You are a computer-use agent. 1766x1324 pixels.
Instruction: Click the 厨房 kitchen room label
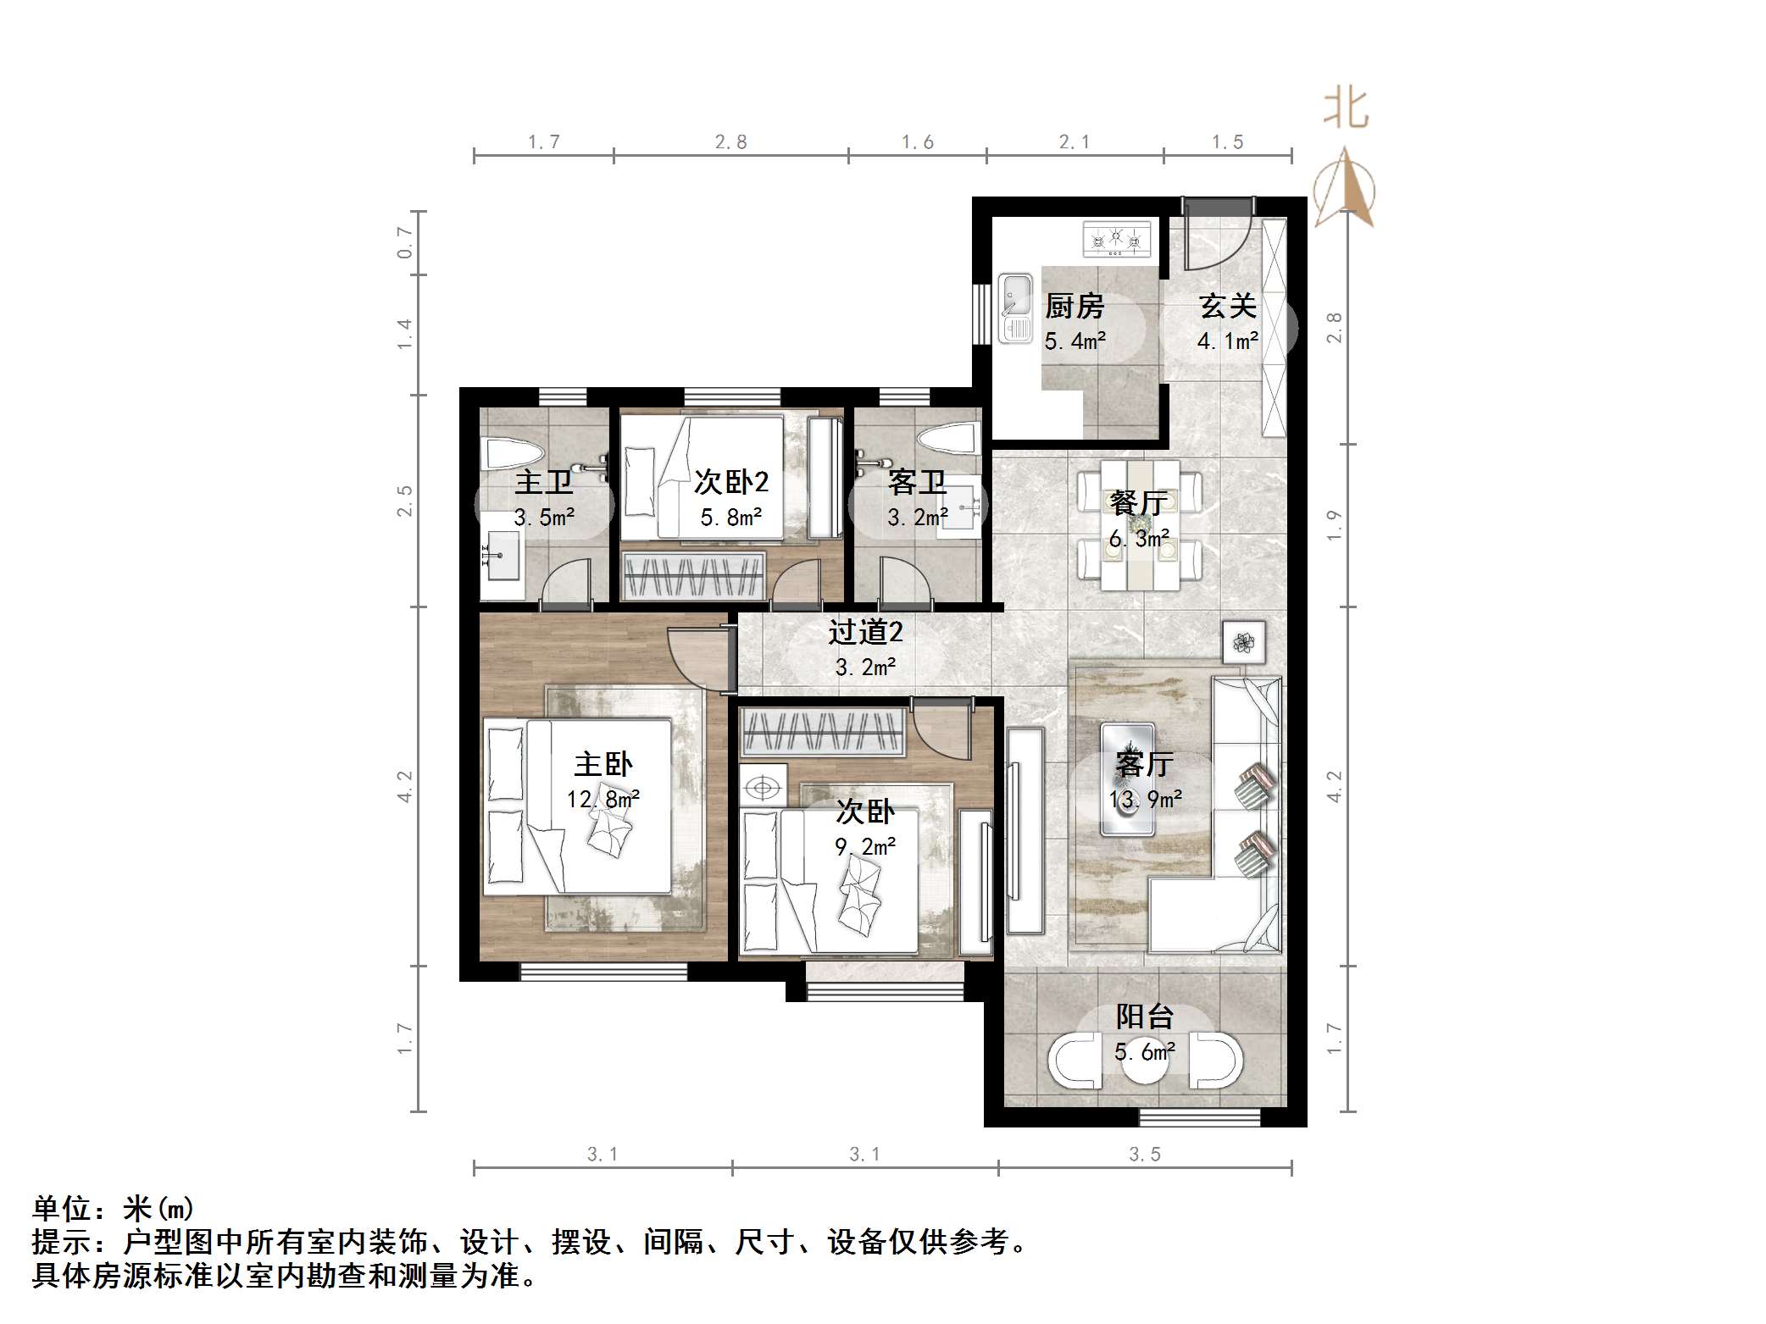[x=1075, y=306]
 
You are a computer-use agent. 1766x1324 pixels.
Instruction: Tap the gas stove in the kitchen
[x=1117, y=239]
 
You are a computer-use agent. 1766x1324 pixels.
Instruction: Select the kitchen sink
[x=1014, y=307]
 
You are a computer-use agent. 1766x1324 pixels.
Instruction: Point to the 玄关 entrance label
[x=1227, y=306]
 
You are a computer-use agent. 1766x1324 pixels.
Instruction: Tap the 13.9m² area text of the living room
[x=1146, y=799]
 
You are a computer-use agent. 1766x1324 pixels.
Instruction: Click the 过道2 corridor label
[x=865, y=632]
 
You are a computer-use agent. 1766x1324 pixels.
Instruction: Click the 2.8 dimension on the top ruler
[x=730, y=142]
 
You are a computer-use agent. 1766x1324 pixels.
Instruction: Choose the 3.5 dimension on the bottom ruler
[x=1144, y=1155]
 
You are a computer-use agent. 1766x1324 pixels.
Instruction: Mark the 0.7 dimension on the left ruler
[x=405, y=242]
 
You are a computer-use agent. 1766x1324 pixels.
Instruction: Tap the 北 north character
[x=1347, y=109]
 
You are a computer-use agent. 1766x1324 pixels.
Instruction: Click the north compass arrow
[x=1345, y=190]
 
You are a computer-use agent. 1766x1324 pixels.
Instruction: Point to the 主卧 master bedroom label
[x=603, y=765]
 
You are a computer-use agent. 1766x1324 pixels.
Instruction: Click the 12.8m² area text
[x=603, y=799]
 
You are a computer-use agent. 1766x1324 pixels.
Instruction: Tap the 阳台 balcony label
[x=1144, y=1017]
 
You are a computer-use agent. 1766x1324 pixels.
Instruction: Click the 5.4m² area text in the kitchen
[x=1075, y=341]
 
